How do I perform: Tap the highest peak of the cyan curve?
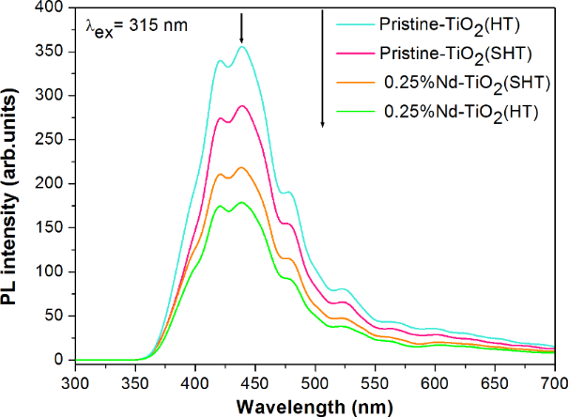click(242, 46)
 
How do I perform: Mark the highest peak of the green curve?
click(241, 202)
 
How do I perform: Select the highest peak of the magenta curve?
click(242, 106)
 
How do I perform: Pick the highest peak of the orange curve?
click(242, 167)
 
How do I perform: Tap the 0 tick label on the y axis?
click(63, 360)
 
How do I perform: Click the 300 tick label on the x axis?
click(75, 382)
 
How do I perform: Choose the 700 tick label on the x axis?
click(553, 382)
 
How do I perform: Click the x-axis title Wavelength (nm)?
click(314, 406)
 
